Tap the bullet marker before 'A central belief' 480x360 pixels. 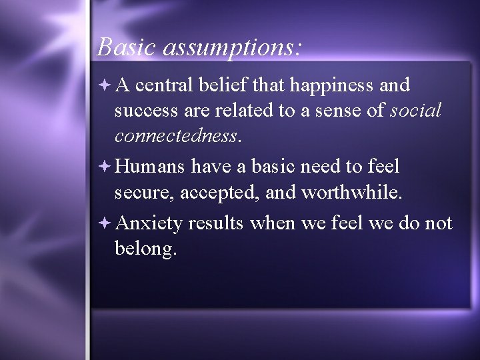[107, 85]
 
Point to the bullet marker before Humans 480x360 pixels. [107, 165]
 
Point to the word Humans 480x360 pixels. [151, 166]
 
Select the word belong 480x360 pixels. [145, 249]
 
